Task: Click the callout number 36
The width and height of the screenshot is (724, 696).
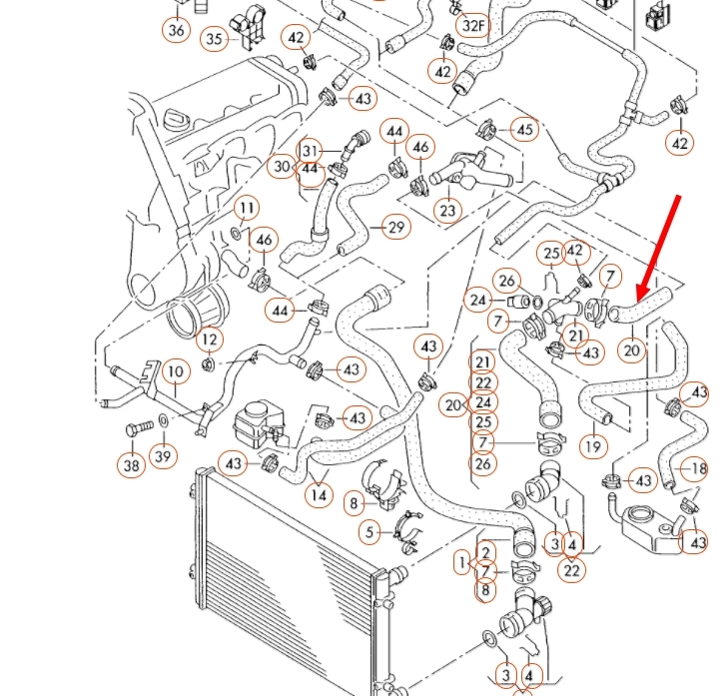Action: pos(177,29)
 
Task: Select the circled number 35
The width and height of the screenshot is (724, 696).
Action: pos(214,39)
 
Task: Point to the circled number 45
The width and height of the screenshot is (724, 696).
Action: pos(524,129)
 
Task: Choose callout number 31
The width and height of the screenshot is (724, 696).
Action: pos(311,151)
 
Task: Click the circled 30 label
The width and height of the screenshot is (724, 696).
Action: pos(283,167)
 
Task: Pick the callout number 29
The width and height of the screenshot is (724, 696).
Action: pos(396,227)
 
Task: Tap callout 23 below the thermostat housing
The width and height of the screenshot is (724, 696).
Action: pos(447,211)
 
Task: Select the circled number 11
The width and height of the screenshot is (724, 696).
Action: pos(246,208)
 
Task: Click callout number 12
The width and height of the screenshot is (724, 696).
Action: pos(209,340)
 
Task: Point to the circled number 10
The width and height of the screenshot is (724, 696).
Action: pos(175,371)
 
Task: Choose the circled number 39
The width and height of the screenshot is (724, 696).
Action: pos(163,456)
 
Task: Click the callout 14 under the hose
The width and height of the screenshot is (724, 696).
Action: pos(319,494)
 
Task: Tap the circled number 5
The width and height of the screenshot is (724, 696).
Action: pos(371,532)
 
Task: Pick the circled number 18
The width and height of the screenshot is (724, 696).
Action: pos(695,468)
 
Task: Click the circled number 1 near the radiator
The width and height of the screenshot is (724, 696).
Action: pos(461,564)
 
